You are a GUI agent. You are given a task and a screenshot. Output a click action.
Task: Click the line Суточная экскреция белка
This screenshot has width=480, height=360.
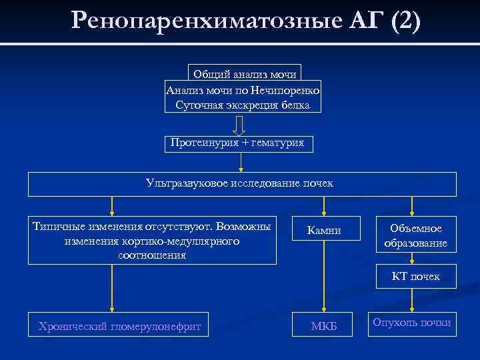(243, 105)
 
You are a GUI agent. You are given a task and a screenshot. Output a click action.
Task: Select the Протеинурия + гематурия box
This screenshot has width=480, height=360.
(237, 143)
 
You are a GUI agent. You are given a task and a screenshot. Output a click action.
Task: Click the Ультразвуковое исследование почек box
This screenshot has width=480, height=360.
(242, 183)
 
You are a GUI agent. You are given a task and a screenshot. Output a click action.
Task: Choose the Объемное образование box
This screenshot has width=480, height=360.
(415, 236)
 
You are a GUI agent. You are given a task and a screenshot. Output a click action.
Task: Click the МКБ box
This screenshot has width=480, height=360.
(324, 326)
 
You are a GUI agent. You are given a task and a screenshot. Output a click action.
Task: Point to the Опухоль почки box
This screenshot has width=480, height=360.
(412, 323)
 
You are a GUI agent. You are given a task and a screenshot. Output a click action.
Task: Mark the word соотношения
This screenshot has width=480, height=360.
(151, 255)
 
